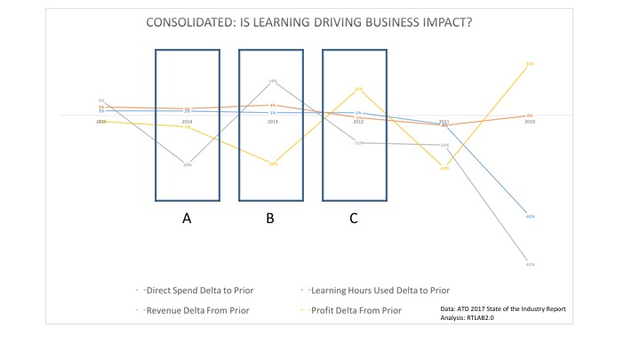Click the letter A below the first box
[x=187, y=219]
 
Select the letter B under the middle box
[x=270, y=219]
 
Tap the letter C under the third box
[x=354, y=219]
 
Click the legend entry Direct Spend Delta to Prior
[x=190, y=289]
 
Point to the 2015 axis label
[x=101, y=121]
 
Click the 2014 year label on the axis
[x=187, y=121]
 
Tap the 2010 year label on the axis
[x=530, y=121]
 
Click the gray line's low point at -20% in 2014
[x=187, y=164]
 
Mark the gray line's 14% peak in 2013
[x=273, y=82]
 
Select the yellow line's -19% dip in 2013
[x=273, y=164]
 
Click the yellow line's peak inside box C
[x=358, y=89]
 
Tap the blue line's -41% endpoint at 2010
[x=530, y=216]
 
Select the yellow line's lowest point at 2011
[x=444, y=168]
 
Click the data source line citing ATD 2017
[x=502, y=308]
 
